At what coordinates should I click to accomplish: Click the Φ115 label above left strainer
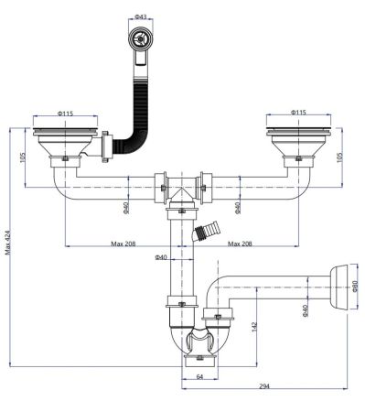[65, 114]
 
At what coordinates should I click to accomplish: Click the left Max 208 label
[124, 244]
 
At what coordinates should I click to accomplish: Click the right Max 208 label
[242, 244]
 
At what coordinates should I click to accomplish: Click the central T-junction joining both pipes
[184, 191]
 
